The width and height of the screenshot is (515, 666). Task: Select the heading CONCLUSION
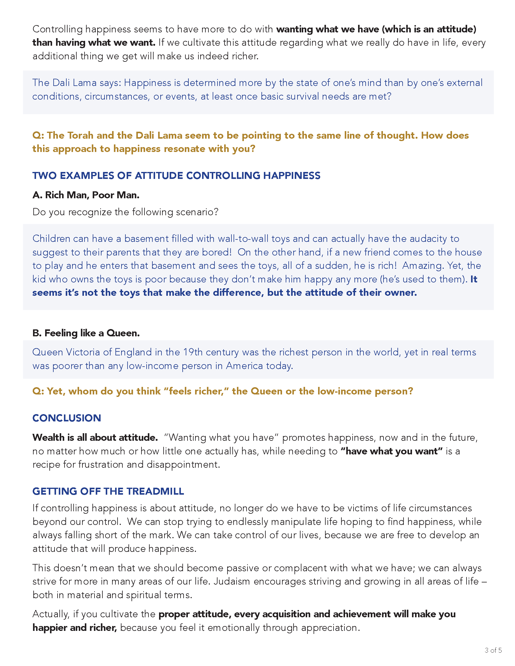(67, 418)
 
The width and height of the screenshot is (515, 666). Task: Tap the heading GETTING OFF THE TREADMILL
(108, 491)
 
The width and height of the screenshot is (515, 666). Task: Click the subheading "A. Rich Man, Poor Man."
(86, 195)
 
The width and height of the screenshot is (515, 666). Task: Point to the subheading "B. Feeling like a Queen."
(86, 333)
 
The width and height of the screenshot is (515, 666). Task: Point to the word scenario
(197, 212)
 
